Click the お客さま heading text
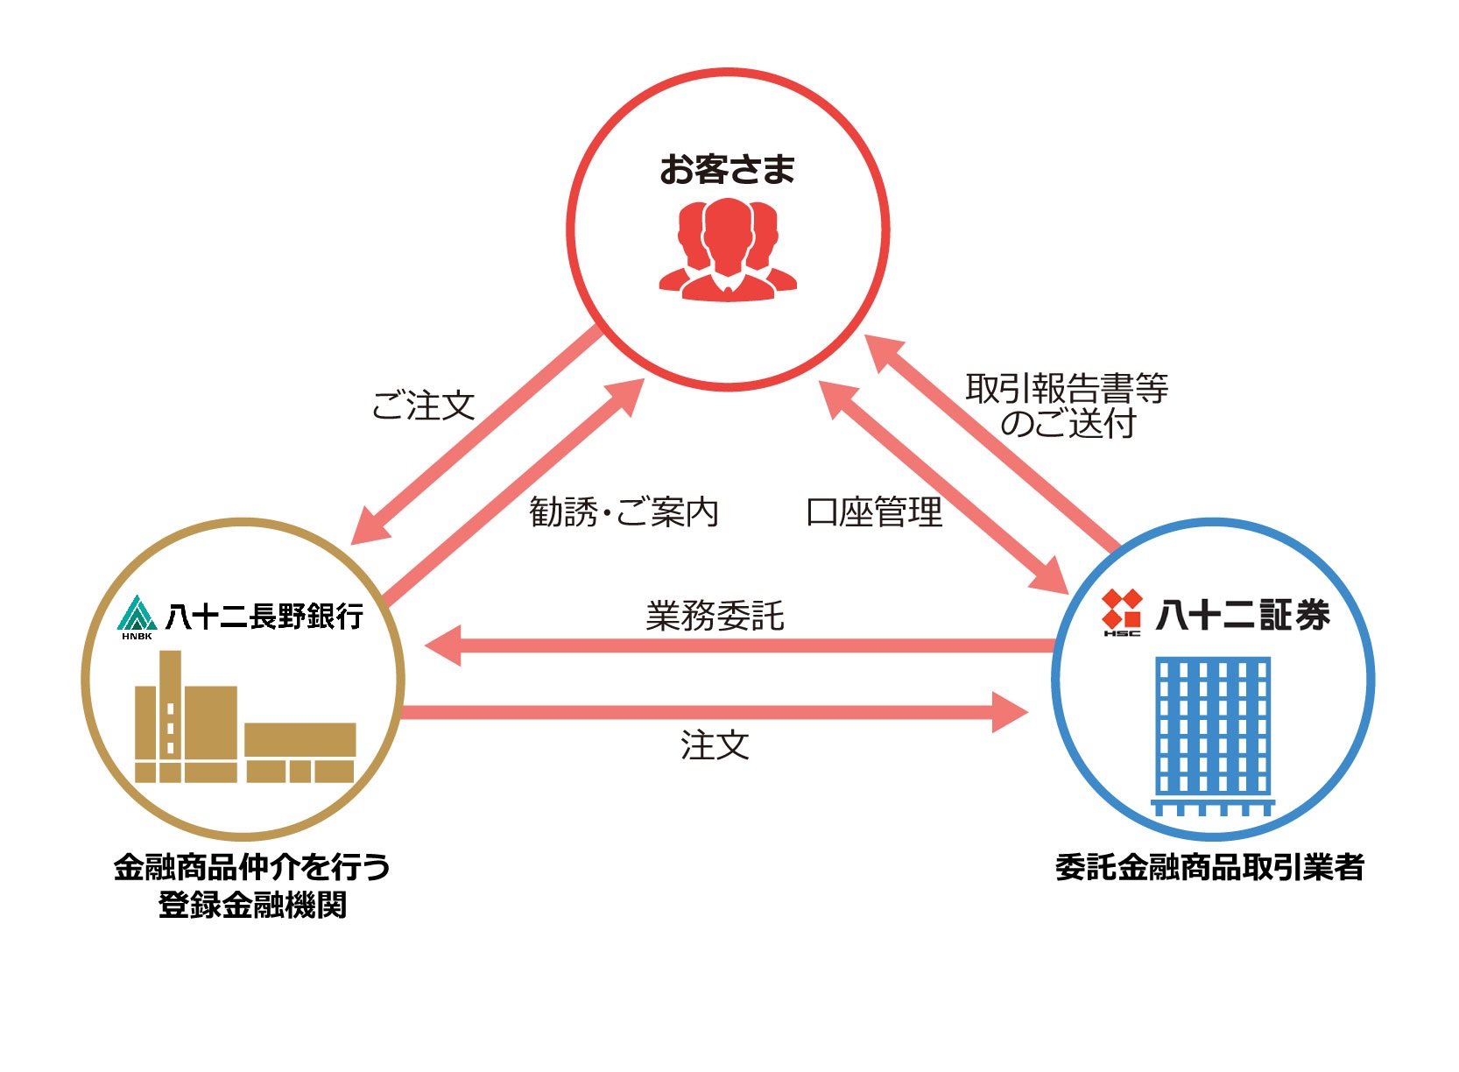(x=727, y=170)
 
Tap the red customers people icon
(x=728, y=250)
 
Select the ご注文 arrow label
(x=423, y=406)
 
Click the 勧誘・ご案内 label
(x=624, y=512)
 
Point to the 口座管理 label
(x=874, y=512)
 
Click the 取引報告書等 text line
(x=1067, y=388)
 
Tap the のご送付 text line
(x=1068, y=424)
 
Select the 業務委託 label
(x=715, y=616)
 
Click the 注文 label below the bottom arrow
(x=715, y=745)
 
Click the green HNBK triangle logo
(x=137, y=616)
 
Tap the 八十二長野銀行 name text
(x=264, y=617)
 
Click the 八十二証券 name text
(x=1243, y=615)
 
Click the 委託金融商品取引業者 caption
(x=1209, y=867)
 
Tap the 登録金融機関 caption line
(x=252, y=905)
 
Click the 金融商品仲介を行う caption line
(x=252, y=867)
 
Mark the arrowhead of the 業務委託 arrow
(x=443, y=646)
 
